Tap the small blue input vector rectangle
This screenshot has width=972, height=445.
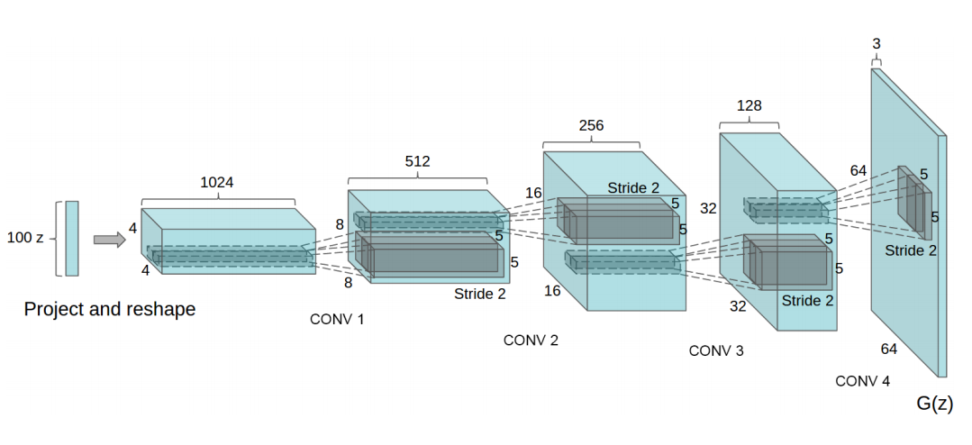tap(72, 238)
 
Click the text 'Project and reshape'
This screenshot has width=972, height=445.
tap(109, 309)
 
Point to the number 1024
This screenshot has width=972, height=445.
tap(217, 182)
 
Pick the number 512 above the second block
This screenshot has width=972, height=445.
tap(417, 161)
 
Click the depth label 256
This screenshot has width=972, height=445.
tap(591, 125)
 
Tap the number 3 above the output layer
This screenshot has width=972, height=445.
tap(877, 43)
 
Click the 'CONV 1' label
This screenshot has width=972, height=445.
tap(337, 319)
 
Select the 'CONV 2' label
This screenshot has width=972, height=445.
tap(531, 341)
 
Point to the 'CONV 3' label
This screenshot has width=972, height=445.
tap(716, 350)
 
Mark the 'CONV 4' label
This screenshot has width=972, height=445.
tap(862, 381)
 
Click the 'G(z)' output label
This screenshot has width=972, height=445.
tap(934, 404)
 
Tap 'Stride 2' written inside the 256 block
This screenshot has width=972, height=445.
tap(632, 188)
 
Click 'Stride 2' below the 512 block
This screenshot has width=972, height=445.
tap(479, 294)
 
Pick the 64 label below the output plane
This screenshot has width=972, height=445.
tap(888, 349)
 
